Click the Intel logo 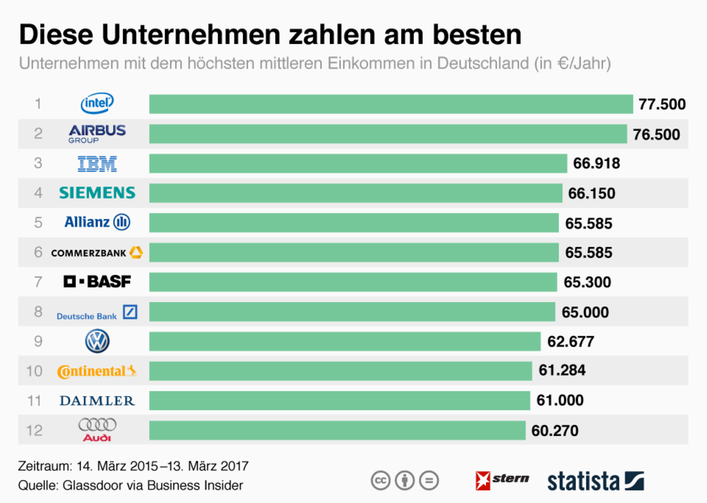pyautogui.click(x=97, y=103)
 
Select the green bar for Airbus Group pyautogui.click(x=388, y=134)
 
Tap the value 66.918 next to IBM pyautogui.click(x=596, y=163)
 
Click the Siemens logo pyautogui.click(x=97, y=193)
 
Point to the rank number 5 pyautogui.click(x=38, y=223)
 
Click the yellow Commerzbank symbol pyautogui.click(x=136, y=252)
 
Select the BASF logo pyautogui.click(x=97, y=282)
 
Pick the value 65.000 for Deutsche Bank pyautogui.click(x=585, y=312)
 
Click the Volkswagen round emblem pyautogui.click(x=97, y=341)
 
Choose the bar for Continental pyautogui.click(x=340, y=371)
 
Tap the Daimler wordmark pyautogui.click(x=97, y=401)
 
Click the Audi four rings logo pyautogui.click(x=97, y=425)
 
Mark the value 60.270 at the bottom pyautogui.click(x=555, y=431)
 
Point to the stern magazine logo pyautogui.click(x=502, y=480)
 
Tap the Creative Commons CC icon pyautogui.click(x=381, y=480)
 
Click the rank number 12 pyautogui.click(x=34, y=430)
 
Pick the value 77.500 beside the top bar pyautogui.click(x=662, y=104)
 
